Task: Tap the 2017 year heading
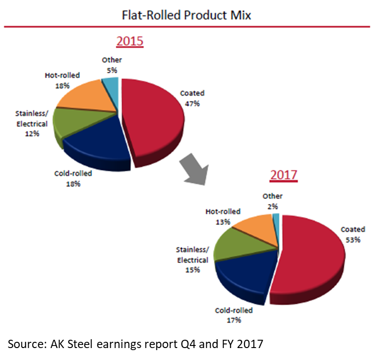[x=283, y=175]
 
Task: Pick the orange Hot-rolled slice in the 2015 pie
[x=89, y=97]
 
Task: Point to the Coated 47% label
[x=192, y=98]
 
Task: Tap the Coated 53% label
[x=353, y=234]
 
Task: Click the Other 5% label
[x=112, y=64]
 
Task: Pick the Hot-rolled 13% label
[x=223, y=216]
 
